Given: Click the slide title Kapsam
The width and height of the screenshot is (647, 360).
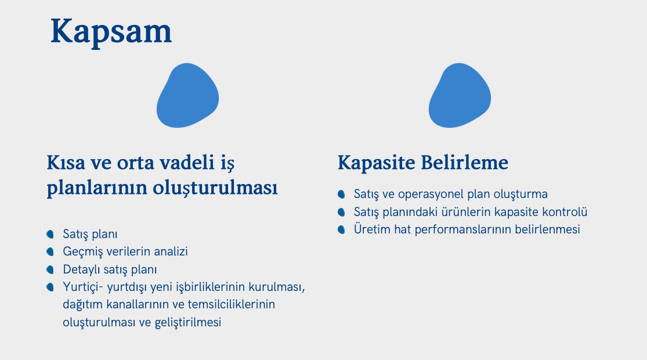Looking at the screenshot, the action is (x=111, y=32).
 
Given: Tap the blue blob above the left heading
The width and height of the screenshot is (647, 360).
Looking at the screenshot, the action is (x=187, y=95).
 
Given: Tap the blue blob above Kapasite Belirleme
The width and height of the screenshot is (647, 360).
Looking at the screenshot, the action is (x=460, y=95).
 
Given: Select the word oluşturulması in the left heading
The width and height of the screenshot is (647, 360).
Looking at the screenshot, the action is (x=215, y=188).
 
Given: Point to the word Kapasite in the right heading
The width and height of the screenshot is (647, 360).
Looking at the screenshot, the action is (x=377, y=163).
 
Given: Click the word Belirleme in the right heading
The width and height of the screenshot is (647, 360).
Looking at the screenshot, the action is (x=465, y=162).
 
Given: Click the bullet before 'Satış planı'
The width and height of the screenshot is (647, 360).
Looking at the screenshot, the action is (x=50, y=234).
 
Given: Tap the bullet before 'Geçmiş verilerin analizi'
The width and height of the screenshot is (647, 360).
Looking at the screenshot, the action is (x=50, y=251).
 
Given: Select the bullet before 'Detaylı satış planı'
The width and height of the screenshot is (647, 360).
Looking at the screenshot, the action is (x=50, y=269).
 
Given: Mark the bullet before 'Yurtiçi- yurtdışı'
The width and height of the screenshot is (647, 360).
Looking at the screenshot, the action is (x=50, y=287).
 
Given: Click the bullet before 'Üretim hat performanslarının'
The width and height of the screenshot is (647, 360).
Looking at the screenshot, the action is (x=341, y=229).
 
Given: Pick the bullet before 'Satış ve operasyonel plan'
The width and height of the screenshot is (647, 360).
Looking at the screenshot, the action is (x=341, y=194).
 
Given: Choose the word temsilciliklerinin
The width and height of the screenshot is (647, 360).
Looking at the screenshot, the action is (x=231, y=304).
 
